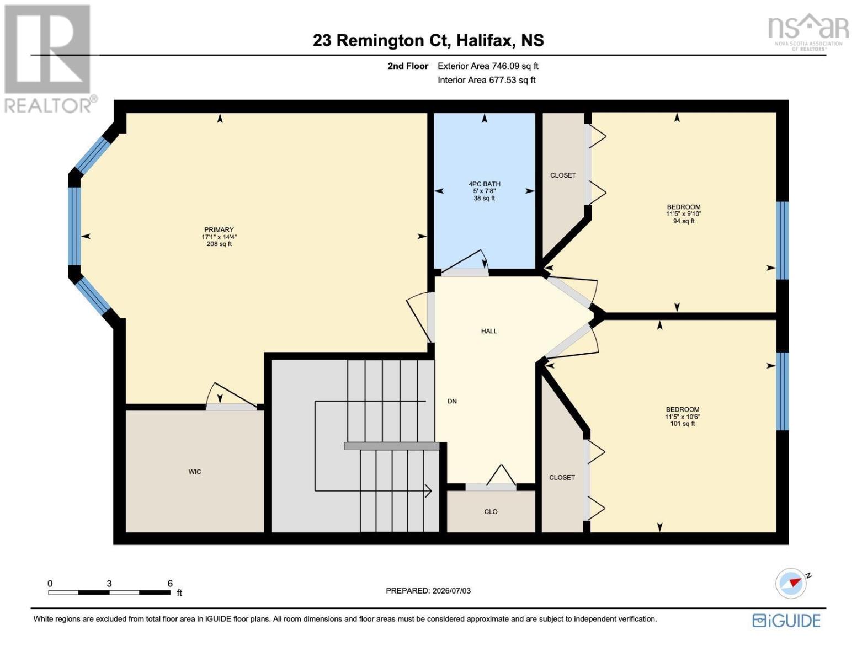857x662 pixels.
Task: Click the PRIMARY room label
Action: [219, 230]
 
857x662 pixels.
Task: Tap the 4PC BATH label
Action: [485, 184]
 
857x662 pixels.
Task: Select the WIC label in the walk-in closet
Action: [195, 472]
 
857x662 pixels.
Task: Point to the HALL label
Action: [489, 331]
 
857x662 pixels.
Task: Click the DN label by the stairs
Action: [452, 401]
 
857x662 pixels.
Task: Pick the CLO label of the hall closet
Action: [491, 512]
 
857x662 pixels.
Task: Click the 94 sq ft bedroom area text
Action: [684, 221]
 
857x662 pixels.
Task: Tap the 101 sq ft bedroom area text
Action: [683, 424]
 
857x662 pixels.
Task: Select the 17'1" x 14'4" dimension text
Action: [219, 237]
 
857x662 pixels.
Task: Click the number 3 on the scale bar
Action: [109, 584]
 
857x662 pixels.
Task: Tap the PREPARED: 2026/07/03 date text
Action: [428, 591]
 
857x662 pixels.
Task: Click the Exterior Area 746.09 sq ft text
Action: [488, 66]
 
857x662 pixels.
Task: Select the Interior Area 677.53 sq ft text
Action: [487, 80]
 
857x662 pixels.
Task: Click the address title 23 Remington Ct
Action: [381, 41]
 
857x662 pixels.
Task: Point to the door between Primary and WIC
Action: [231, 406]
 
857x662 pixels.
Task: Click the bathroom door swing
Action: [466, 261]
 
